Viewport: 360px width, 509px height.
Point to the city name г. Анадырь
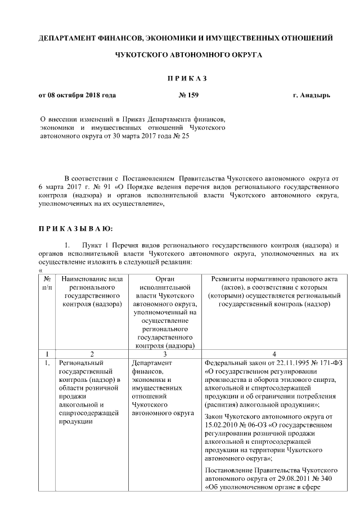point(312,95)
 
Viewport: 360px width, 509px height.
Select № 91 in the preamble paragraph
point(100,185)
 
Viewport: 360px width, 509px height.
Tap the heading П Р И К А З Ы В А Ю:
point(75,229)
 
